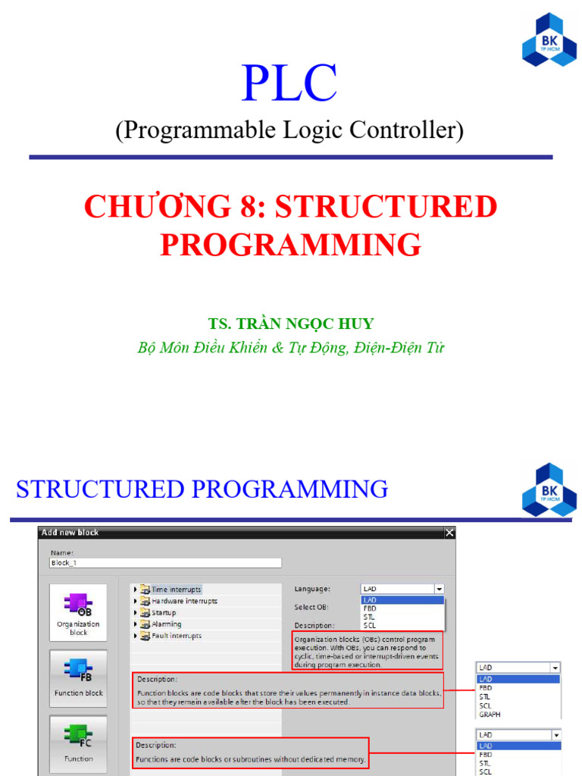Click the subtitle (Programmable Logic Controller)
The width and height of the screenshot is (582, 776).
point(289,130)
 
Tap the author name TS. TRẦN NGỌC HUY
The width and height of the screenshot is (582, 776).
point(291,324)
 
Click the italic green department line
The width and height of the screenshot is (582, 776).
point(291,348)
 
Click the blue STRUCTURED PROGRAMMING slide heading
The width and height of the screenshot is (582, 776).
point(202,490)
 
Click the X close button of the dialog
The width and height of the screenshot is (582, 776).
point(449,533)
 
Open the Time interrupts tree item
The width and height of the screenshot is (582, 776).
point(176,589)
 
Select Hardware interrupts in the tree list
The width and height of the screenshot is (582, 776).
point(183,601)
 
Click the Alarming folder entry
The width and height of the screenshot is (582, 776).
point(166,624)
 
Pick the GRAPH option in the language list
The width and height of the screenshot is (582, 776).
point(490,714)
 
